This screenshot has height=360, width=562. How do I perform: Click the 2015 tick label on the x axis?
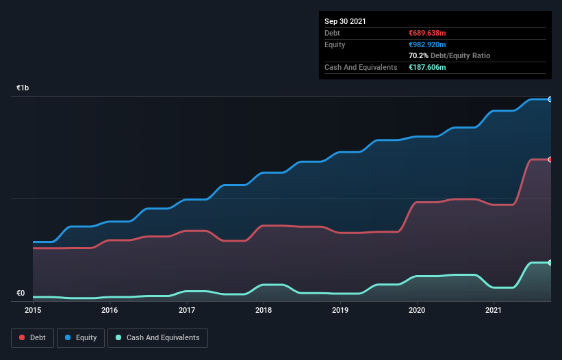pos(33,310)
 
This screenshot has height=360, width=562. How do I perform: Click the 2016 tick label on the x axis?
pos(110,310)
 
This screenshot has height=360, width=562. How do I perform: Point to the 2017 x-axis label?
pos(186,310)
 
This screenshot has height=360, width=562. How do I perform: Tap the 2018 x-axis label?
pos(263,310)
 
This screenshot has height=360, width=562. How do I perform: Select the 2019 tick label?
pos(340,310)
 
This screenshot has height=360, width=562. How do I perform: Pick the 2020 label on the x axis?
pos(417,310)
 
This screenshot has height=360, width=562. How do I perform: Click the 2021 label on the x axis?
pos(494,310)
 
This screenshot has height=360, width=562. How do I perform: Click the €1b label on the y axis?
pos(23,88)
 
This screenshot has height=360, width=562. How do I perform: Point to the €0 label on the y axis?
pos(21,294)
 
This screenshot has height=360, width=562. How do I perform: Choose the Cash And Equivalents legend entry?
pos(157,337)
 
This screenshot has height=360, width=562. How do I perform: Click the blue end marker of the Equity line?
pos(550,99)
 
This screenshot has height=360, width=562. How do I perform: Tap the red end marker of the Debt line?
pos(550,159)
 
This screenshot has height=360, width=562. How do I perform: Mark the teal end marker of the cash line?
pos(550,263)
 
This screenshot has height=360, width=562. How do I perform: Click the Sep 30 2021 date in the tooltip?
pos(345,21)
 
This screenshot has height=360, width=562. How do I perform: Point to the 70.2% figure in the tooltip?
pos(418,55)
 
